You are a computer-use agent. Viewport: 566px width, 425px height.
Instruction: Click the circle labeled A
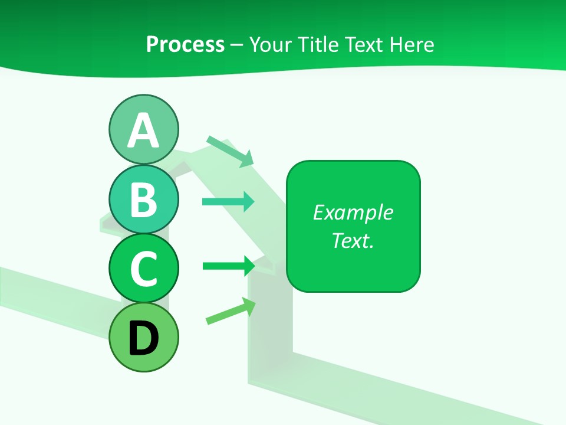(143, 129)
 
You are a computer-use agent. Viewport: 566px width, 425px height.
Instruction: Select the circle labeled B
(143, 199)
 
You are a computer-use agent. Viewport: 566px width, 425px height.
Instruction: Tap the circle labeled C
(143, 268)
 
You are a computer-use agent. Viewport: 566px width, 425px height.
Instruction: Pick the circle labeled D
(143, 337)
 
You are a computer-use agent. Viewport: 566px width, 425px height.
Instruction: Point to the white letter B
(143, 200)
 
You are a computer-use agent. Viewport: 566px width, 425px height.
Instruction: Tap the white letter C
(143, 269)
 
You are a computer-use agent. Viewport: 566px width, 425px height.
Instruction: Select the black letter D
(143, 338)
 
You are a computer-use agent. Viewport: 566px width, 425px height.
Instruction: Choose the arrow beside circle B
(228, 202)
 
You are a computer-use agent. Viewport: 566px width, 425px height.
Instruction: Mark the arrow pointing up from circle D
(231, 311)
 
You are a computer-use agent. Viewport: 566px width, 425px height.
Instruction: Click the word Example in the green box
(353, 212)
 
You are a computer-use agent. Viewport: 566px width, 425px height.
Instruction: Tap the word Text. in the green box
(353, 240)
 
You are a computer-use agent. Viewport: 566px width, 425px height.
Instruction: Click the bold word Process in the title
(185, 44)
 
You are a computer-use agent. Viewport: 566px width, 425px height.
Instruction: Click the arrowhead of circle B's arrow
(249, 202)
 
